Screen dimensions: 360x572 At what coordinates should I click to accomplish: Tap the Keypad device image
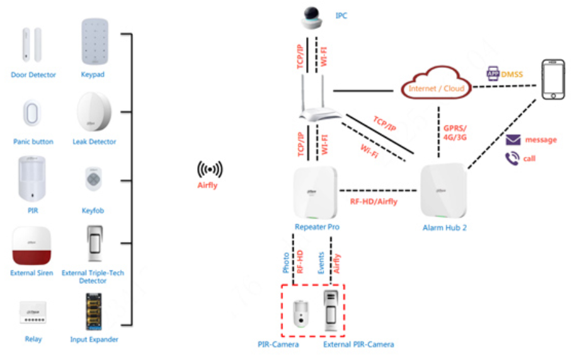pos(93,42)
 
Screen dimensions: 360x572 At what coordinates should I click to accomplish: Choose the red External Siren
pos(31,246)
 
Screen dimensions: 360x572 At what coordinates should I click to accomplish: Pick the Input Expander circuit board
pos(94,311)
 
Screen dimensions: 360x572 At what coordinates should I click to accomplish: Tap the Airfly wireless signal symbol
pos(210,170)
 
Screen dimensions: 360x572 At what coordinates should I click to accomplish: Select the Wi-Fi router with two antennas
pos(313,101)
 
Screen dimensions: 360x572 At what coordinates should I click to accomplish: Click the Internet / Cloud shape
pos(437,88)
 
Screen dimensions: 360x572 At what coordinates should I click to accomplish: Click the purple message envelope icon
pos(513,139)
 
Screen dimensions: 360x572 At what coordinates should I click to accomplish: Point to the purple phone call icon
pos(512,158)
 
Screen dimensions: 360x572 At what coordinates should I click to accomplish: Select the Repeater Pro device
pos(317,192)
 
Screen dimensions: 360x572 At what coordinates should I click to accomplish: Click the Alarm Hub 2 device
pos(443,191)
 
